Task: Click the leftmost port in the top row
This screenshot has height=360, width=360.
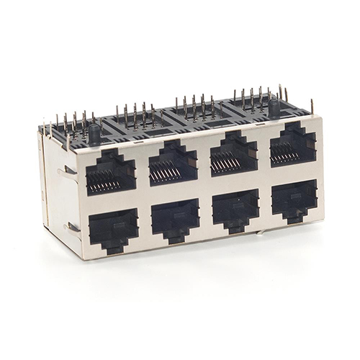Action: point(109,173)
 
